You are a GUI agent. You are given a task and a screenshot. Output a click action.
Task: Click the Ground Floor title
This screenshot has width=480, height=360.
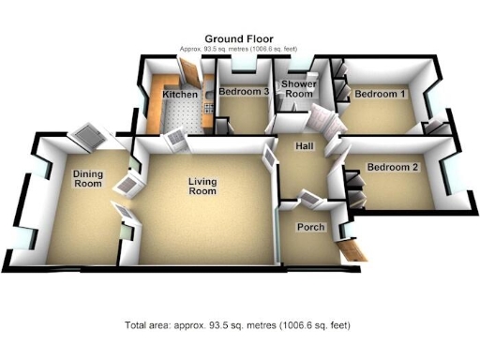pos(239,38)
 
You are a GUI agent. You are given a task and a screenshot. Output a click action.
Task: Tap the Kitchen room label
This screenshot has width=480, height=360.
pos(180,95)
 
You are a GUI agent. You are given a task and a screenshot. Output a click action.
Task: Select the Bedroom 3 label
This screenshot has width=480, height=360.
pos(244,92)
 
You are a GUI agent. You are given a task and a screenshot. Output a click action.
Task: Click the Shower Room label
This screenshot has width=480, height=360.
pos(298,89)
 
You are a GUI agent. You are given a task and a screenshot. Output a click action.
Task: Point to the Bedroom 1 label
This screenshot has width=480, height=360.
pos(381,95)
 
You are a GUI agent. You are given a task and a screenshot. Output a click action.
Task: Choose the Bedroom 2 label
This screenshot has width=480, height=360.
pos(392,168)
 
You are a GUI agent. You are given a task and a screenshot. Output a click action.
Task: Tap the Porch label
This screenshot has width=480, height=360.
pos(310,228)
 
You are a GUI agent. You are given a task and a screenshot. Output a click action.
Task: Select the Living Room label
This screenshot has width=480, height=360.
pos(202,186)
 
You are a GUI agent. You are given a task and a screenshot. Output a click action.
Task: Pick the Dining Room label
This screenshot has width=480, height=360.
pos(87,178)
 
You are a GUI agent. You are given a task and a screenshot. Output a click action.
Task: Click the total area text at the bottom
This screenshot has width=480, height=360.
pos(237,325)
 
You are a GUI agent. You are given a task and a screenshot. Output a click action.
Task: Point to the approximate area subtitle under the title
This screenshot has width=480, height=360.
pos(239,49)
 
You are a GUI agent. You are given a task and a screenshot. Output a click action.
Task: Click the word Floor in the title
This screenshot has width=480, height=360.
pos(261,38)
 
